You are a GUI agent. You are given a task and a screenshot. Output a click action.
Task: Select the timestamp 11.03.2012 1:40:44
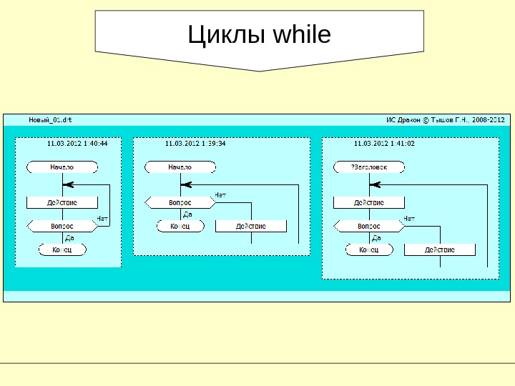[77, 143]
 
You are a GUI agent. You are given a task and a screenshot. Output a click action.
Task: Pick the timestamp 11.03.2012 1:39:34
[195, 143]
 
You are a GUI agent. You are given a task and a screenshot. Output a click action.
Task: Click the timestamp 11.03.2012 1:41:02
[384, 143]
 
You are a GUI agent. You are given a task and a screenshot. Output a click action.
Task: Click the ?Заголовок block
[369, 167]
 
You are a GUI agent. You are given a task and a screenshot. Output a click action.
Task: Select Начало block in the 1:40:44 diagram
[62, 167]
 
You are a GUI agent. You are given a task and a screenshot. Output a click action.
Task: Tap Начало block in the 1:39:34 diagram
[180, 167]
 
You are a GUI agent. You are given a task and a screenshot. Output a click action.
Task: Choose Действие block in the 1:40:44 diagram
[62, 202]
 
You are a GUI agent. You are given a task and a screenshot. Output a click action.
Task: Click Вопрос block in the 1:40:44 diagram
[62, 226]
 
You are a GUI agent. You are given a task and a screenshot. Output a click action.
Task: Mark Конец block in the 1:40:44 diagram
[62, 249]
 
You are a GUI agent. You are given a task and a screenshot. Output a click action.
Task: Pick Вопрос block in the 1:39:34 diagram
[180, 202]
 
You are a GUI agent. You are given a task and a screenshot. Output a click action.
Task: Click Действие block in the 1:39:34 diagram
[251, 226]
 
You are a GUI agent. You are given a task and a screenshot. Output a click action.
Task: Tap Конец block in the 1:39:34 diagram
[180, 226]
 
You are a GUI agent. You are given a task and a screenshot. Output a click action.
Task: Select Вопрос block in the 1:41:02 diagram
[369, 226]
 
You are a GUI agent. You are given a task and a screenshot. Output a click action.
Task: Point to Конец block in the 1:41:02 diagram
[369, 249]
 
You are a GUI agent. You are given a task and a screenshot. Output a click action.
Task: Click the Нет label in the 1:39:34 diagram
[220, 194]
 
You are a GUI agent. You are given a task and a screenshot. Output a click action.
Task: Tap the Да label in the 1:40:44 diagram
[69, 237]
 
